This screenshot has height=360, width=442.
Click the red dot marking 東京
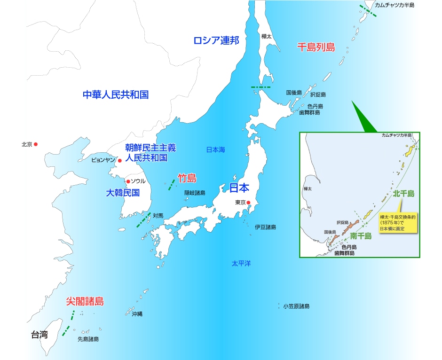pyautogui.click(x=249, y=203)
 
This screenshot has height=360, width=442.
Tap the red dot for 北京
pyautogui.click(x=35, y=144)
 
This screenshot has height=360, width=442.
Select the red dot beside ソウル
pyautogui.click(x=127, y=181)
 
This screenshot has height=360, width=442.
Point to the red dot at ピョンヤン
pyautogui.click(x=120, y=160)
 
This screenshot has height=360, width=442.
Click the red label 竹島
pyautogui.click(x=187, y=178)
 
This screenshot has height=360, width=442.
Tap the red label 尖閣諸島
pyautogui.click(x=85, y=301)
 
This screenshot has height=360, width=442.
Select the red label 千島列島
pyautogui.click(x=316, y=47)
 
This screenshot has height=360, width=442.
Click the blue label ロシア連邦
pyautogui.click(x=216, y=40)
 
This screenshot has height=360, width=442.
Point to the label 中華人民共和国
pyautogui.click(x=116, y=94)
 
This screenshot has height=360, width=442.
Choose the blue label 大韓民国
pyautogui.click(x=123, y=193)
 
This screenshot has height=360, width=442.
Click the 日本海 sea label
pyautogui.click(x=216, y=150)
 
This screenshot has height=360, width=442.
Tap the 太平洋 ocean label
pyautogui.click(x=241, y=263)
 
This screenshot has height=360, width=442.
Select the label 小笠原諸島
pyautogui.click(x=296, y=306)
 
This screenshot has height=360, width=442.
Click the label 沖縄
pyautogui.click(x=137, y=314)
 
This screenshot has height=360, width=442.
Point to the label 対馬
pyautogui.click(x=158, y=216)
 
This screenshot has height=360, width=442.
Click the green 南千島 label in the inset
pyautogui.click(x=361, y=236)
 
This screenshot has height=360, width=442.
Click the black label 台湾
pyautogui.click(x=39, y=335)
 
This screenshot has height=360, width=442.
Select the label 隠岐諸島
pyautogui.click(x=195, y=193)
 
